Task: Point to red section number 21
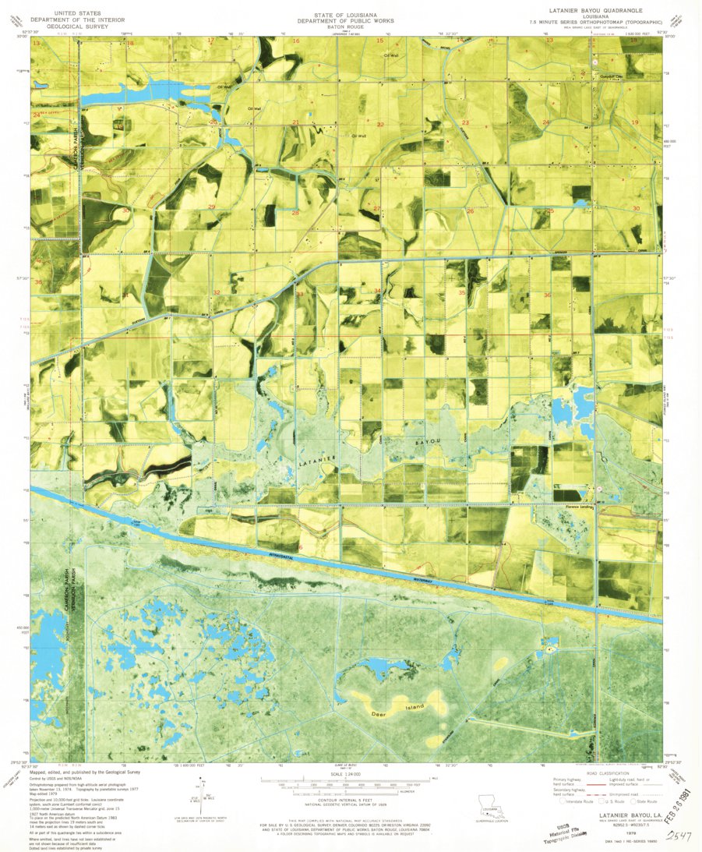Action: (x=295, y=123)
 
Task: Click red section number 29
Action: (x=212, y=206)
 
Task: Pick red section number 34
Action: (x=377, y=292)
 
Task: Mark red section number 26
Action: (x=470, y=211)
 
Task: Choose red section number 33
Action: (x=299, y=294)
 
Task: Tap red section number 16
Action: (x=296, y=41)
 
